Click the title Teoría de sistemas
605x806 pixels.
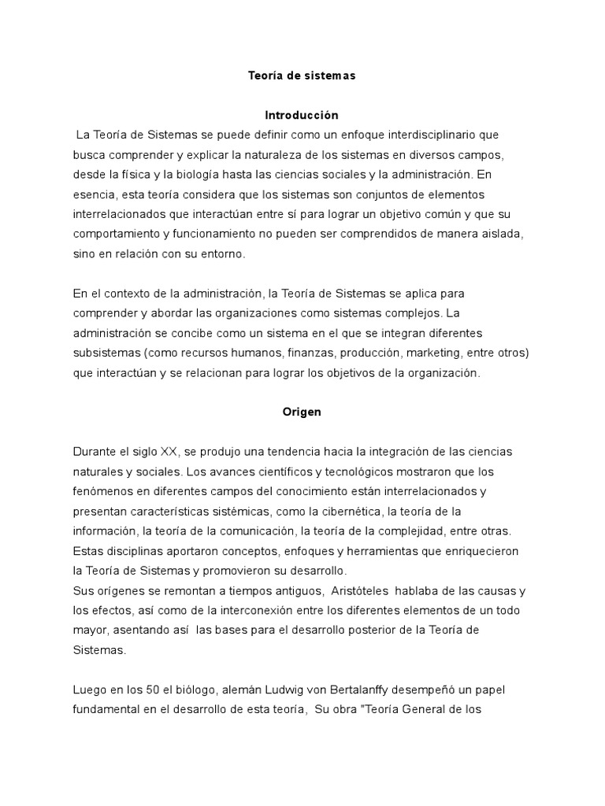[x=302, y=76]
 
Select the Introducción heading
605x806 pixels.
[x=302, y=115]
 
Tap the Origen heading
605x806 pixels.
[x=302, y=412]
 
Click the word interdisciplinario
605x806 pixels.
[x=425, y=135]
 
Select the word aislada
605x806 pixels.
[x=502, y=234]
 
